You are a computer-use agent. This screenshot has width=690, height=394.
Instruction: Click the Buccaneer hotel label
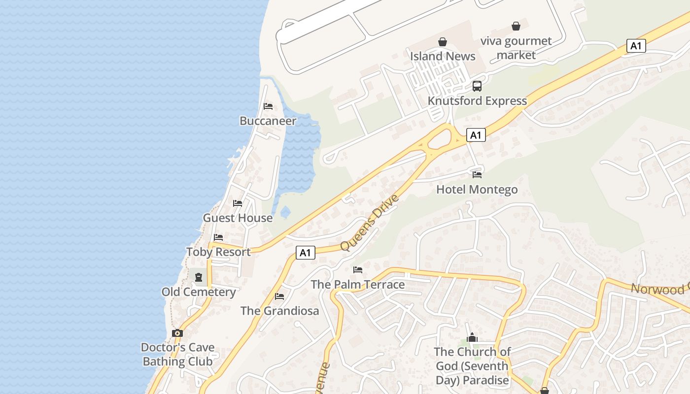click(x=268, y=121)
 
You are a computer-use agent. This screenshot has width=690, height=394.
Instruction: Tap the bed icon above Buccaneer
click(x=268, y=106)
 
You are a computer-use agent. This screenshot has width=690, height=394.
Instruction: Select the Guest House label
click(x=238, y=218)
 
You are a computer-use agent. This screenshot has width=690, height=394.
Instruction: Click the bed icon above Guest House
click(x=238, y=203)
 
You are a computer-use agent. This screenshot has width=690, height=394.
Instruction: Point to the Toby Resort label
click(x=218, y=252)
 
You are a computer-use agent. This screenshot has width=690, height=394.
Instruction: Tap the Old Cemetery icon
click(x=199, y=277)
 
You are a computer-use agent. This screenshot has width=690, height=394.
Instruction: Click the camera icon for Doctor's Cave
click(x=177, y=333)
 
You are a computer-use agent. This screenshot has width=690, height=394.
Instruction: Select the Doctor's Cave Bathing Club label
click(x=177, y=354)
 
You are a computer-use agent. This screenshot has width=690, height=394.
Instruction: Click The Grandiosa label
click(x=279, y=311)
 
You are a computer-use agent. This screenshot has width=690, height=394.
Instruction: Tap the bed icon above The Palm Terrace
click(x=358, y=270)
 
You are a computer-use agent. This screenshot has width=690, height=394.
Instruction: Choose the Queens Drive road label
click(x=369, y=223)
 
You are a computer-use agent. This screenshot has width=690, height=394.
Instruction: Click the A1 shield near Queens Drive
click(x=306, y=253)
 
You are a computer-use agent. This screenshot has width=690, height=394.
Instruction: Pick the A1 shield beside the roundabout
click(x=476, y=135)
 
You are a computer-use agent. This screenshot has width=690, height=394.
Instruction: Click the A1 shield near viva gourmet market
click(x=636, y=46)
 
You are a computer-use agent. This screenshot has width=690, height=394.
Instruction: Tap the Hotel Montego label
click(x=477, y=190)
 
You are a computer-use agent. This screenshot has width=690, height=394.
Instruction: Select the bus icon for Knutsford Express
click(x=477, y=86)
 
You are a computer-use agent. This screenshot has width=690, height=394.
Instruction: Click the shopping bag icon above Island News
click(x=443, y=42)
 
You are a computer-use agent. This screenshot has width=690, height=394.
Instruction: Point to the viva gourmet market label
click(x=516, y=48)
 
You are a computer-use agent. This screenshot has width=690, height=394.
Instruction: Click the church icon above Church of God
click(x=472, y=337)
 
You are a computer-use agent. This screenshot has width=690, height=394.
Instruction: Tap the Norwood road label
click(x=660, y=289)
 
